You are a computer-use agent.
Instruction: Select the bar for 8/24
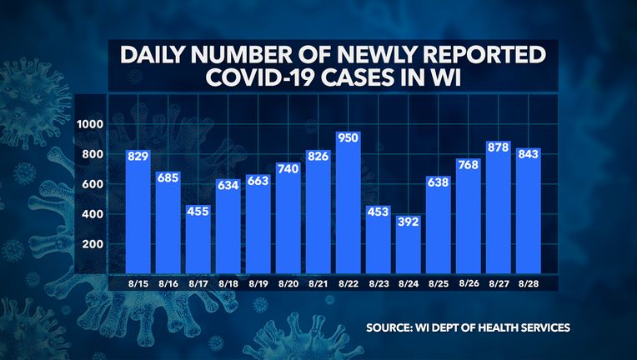408,250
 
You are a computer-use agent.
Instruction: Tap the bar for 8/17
198,242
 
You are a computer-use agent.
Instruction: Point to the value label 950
348,137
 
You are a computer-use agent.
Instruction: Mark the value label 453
378,212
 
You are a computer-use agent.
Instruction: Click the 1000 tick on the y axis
88,124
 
